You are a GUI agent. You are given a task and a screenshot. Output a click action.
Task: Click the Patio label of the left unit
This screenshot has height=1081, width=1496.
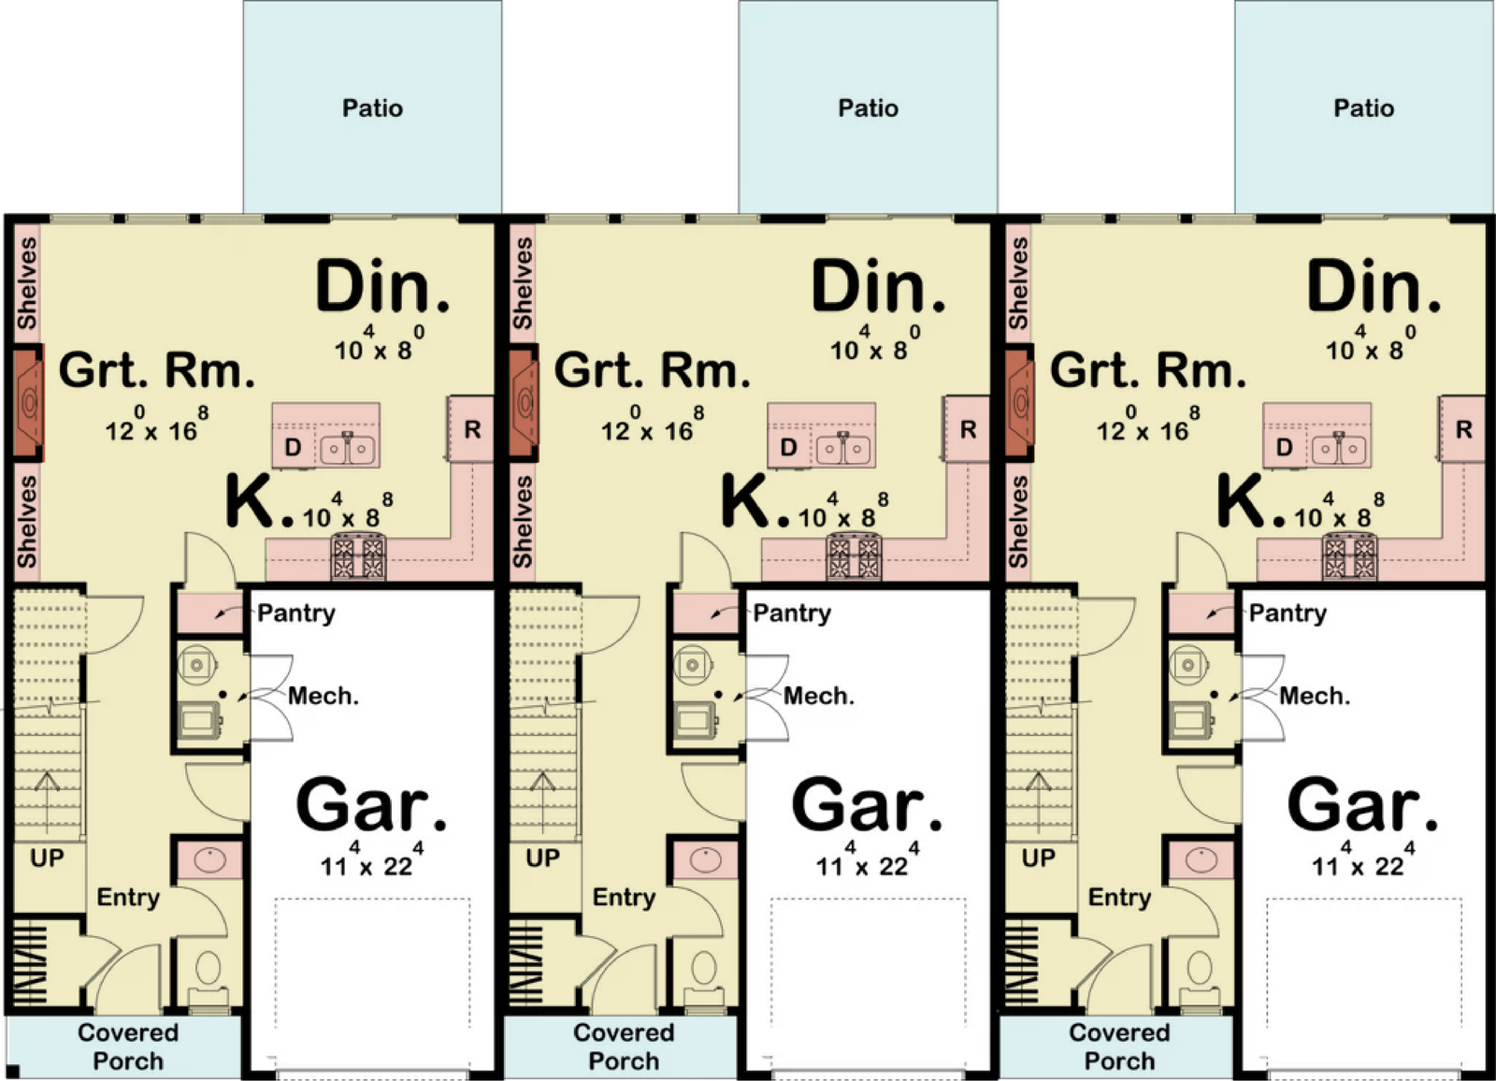coord(373,108)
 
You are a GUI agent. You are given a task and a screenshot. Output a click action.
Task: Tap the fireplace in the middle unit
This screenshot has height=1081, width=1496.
coord(523,403)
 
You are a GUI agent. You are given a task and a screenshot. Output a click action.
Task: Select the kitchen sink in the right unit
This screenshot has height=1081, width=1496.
coord(1339,448)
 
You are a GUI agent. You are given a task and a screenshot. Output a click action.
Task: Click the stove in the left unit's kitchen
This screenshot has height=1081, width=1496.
coord(360,556)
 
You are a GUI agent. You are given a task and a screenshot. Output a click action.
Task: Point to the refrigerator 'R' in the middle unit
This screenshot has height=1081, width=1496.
coord(969,429)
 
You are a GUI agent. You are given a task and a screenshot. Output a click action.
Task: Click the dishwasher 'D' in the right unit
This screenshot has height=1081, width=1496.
coord(1285,448)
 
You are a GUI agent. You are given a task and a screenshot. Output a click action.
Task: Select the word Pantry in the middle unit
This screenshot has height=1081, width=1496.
coord(792,613)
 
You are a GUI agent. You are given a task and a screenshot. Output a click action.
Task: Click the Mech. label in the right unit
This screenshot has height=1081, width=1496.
coord(1315,696)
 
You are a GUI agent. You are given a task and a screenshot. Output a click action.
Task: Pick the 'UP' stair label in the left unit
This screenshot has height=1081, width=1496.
coord(47,858)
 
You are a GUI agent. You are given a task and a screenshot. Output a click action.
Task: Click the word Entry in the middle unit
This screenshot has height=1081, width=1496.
coord(624,898)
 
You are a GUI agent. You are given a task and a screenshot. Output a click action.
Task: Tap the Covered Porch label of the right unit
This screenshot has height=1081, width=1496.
coord(1119,1046)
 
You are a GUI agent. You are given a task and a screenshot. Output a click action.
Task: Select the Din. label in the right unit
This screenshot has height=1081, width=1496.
coord(1374,286)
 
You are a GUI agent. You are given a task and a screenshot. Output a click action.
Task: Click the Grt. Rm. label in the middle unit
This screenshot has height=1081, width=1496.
coord(652,371)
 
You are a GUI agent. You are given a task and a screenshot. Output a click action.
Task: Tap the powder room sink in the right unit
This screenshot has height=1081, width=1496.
coord(1201,860)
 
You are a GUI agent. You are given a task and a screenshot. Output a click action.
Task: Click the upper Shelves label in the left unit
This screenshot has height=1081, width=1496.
coord(27,284)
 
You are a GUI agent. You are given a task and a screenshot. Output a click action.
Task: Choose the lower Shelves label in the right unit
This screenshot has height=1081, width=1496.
coord(1018,522)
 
